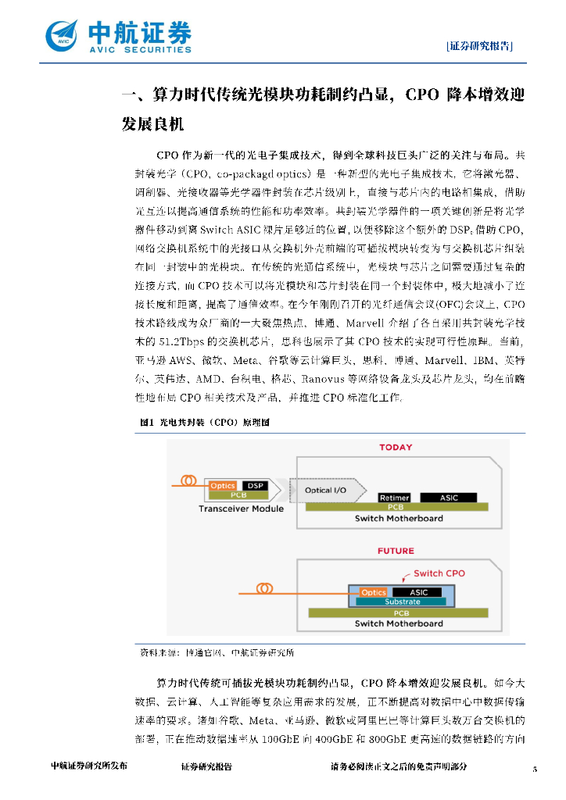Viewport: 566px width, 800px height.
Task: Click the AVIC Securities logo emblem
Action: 63,34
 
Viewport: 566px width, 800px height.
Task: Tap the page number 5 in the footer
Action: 535,769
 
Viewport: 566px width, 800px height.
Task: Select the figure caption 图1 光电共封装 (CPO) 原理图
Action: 204,423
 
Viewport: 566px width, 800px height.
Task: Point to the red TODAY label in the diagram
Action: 396,448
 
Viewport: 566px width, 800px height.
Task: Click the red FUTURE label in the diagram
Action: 396,551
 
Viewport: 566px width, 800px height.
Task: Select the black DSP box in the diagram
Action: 254,485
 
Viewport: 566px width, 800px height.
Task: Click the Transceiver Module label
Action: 241,509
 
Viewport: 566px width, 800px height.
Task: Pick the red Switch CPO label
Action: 439,573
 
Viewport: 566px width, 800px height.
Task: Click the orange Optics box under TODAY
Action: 223,485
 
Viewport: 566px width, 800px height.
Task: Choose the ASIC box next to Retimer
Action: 449,498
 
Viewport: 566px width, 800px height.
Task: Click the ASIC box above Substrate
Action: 419,592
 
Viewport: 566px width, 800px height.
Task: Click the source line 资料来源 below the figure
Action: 217,652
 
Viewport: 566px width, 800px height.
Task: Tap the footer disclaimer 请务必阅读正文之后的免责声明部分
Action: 399,766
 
